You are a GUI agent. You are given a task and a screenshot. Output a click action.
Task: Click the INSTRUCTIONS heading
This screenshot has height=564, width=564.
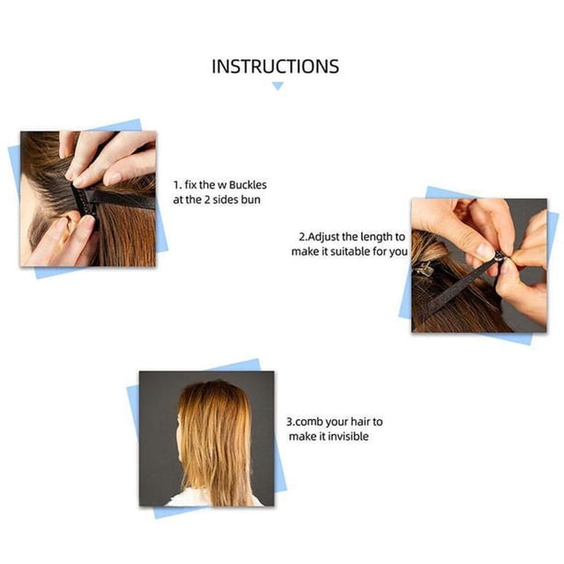point(276,66)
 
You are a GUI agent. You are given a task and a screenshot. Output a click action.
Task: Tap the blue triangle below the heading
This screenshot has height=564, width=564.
point(277,86)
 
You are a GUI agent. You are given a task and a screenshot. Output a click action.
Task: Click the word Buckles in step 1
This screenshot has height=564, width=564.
point(248,185)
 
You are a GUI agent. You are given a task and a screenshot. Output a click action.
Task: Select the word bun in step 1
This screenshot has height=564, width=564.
point(251,200)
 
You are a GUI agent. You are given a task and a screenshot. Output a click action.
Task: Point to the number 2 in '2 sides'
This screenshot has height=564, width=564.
point(207,200)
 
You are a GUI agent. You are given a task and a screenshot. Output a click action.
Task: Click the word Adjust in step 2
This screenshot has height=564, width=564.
point(324,237)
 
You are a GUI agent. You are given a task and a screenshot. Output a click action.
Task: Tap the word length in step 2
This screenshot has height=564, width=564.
point(377,237)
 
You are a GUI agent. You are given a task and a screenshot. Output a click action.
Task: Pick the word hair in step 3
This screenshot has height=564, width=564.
point(360,421)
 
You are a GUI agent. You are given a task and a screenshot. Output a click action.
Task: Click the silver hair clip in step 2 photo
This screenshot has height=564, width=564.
point(424,267)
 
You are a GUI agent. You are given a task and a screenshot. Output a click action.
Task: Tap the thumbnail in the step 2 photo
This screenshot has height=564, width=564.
point(484,251)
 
